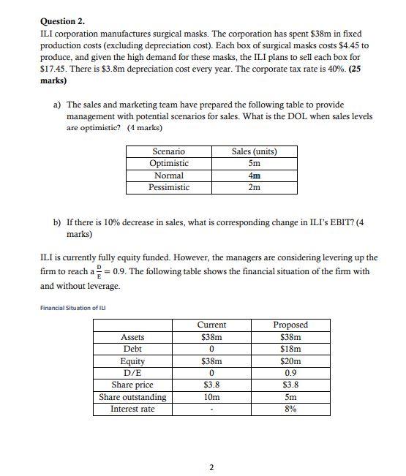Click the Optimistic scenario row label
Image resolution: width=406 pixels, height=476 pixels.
pyautogui.click(x=168, y=164)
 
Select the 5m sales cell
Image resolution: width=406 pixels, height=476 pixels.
pyautogui.click(x=254, y=164)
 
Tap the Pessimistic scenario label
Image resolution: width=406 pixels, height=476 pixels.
pyautogui.click(x=168, y=188)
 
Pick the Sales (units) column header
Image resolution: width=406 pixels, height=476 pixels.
pyautogui.click(x=254, y=151)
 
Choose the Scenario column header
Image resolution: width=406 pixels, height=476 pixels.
pyautogui.click(x=168, y=151)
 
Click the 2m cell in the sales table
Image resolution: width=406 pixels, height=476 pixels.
pyautogui.click(x=254, y=188)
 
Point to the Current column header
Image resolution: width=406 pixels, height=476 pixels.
pyautogui.click(x=211, y=325)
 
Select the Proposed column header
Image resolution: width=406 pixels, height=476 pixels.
pyautogui.click(x=290, y=325)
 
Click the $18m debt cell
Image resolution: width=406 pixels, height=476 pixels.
pyautogui.click(x=290, y=350)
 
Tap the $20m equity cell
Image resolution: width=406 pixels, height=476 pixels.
pyautogui.click(x=290, y=361)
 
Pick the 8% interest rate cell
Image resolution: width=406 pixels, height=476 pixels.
pyautogui.click(x=290, y=409)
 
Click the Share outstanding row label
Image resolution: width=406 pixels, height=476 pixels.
pyautogui.click(x=132, y=397)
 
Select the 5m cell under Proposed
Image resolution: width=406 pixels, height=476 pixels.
pyautogui.click(x=290, y=397)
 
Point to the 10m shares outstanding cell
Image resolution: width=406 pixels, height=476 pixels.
pyautogui.click(x=211, y=397)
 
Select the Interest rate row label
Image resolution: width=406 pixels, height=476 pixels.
pyautogui.click(x=132, y=409)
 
